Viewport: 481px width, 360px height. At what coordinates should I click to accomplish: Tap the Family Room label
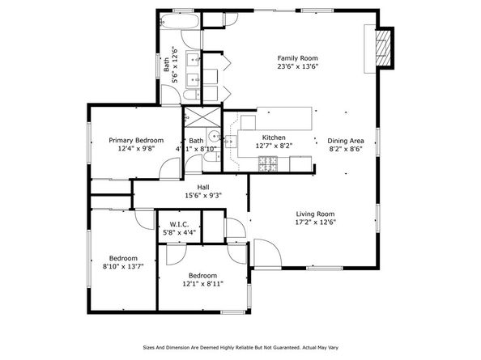tap(297, 58)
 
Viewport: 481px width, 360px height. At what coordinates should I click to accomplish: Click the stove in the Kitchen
tap(266, 163)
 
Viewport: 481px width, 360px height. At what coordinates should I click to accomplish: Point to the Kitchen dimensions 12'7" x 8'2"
tap(273, 146)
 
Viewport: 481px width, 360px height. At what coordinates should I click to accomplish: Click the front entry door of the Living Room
tap(264, 252)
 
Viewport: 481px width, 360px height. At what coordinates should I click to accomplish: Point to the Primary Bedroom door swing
tap(171, 169)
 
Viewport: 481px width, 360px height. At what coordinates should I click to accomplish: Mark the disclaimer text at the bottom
tap(240, 349)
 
